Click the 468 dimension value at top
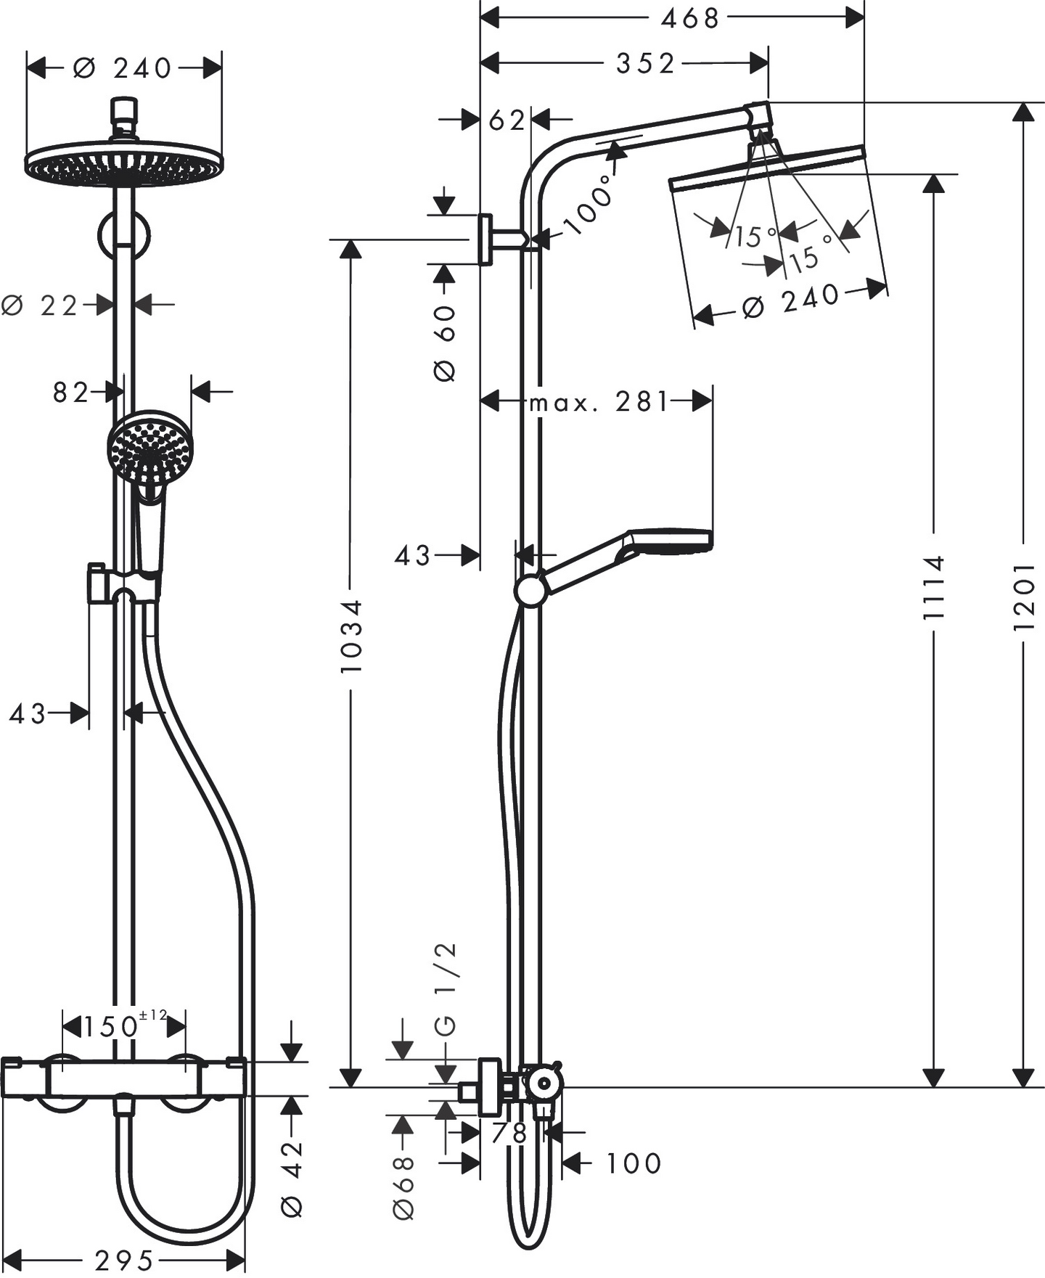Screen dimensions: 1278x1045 (689, 18)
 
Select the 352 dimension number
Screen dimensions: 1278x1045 (645, 64)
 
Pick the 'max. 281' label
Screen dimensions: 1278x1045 (599, 401)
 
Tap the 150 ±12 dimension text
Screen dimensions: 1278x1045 (123, 1026)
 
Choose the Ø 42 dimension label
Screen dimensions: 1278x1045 (292, 1179)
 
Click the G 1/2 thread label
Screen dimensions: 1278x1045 (446, 988)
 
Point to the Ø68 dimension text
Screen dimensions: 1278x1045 (403, 1187)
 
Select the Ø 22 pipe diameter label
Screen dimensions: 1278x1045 (40, 306)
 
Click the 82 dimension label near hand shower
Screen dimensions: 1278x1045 (70, 393)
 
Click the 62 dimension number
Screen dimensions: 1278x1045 (506, 120)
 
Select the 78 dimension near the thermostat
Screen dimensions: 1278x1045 (509, 1133)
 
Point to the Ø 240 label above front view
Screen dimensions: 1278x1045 (123, 68)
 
